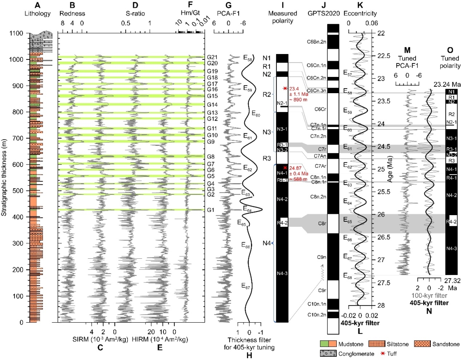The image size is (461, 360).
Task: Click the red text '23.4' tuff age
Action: coord(293,89)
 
